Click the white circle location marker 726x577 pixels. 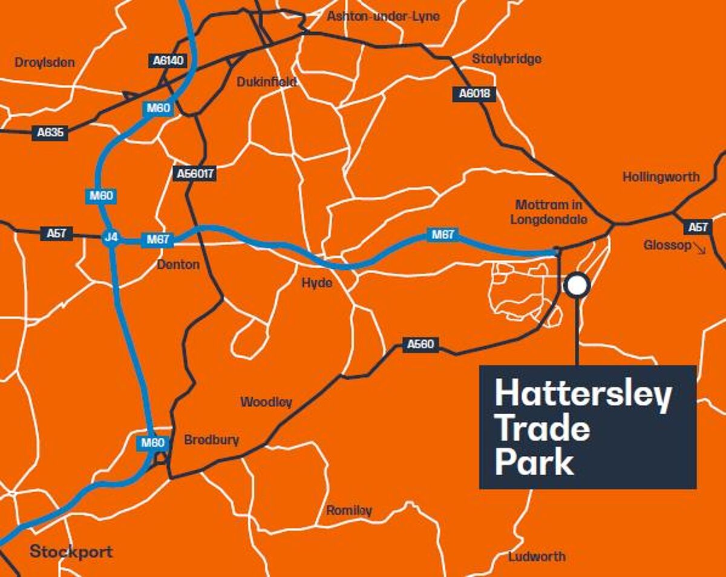(577, 285)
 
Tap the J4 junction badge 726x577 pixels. (111, 237)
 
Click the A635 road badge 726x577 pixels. (50, 133)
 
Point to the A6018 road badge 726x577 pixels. (474, 94)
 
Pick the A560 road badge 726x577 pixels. (420, 345)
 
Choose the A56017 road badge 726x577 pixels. (195, 174)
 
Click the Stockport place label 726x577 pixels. (71, 552)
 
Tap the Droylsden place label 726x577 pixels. (44, 62)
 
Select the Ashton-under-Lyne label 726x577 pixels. (383, 16)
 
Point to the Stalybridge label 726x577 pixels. (506, 59)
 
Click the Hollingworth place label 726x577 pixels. (661, 177)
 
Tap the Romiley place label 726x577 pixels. (349, 510)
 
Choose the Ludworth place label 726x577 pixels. (537, 556)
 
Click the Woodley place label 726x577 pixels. (266, 402)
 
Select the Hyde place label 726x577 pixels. (317, 283)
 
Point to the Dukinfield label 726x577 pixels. (266, 81)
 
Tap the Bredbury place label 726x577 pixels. (211, 440)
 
